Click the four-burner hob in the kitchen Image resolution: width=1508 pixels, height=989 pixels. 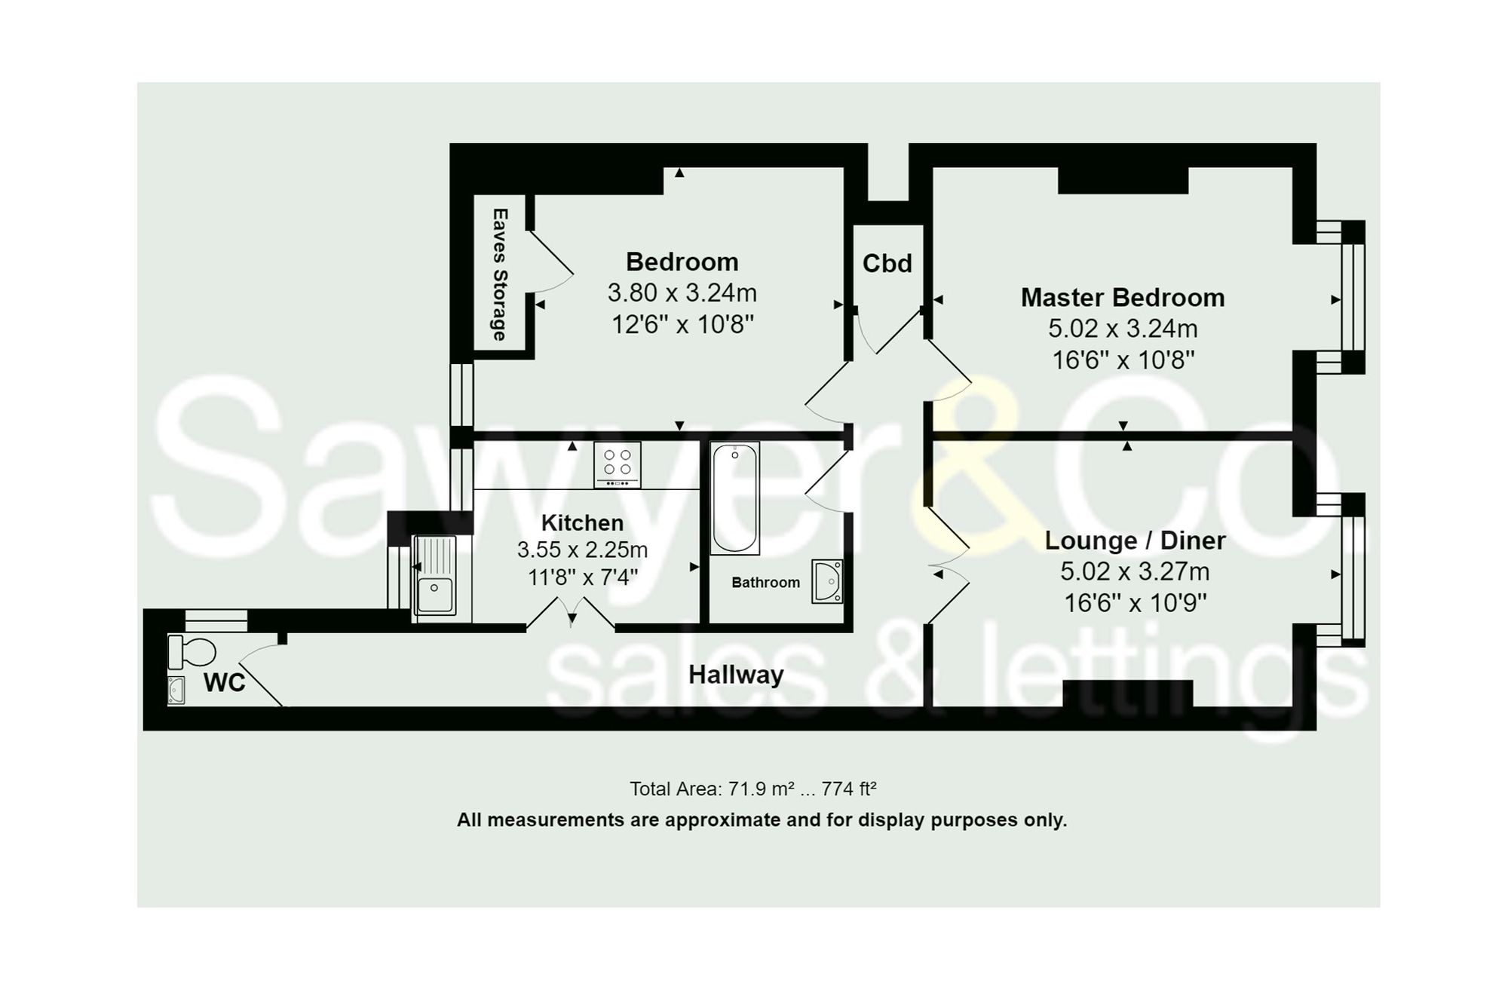[x=617, y=464]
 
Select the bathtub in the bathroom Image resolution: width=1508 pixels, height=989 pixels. [x=734, y=498]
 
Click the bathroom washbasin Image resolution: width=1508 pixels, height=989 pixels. [x=827, y=581]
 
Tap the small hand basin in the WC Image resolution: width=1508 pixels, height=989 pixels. [x=176, y=690]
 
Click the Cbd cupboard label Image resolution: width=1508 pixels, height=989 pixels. [x=887, y=263]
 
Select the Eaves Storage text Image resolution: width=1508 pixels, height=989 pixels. [x=499, y=274]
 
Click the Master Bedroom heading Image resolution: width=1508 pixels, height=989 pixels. [x=1122, y=298]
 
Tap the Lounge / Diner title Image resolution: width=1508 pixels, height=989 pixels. [x=1135, y=540]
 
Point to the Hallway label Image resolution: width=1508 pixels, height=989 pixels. [x=736, y=675]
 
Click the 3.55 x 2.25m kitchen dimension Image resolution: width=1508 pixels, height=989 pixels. [x=582, y=550]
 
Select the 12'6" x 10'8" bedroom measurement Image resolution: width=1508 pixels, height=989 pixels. [x=682, y=325]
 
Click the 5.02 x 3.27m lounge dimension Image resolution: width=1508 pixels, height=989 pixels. [x=1135, y=571]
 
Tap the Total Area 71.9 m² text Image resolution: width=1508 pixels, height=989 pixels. [x=752, y=789]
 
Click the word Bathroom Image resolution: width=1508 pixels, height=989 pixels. [x=765, y=583]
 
